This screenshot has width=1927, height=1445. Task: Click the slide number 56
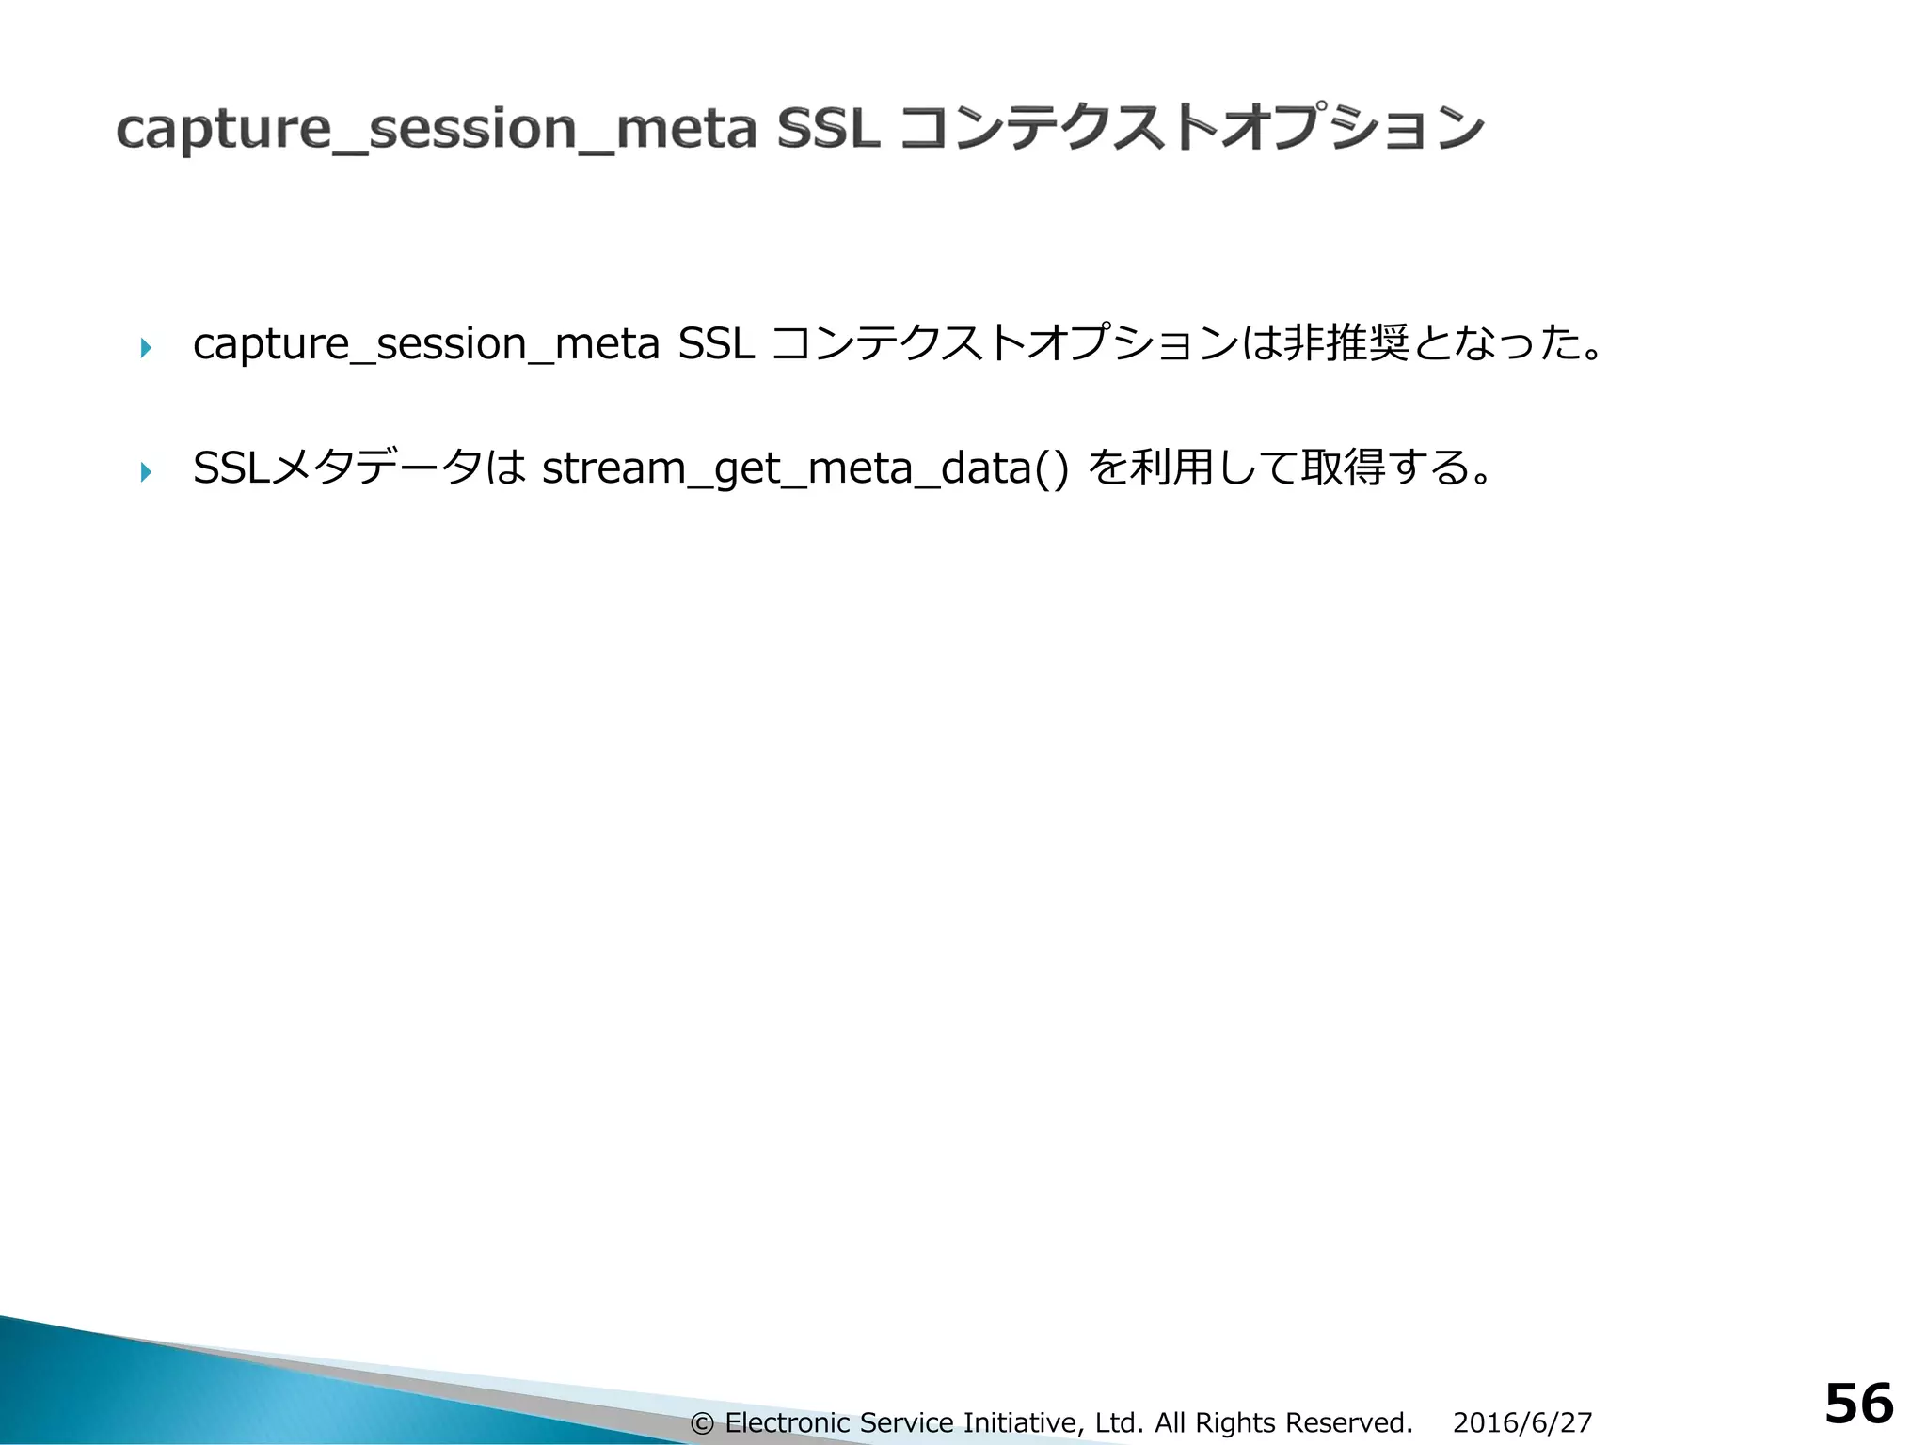[1858, 1405]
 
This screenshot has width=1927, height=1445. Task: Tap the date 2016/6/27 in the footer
[1522, 1423]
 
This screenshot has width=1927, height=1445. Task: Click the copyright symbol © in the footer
[702, 1423]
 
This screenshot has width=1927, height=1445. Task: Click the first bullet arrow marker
[145, 349]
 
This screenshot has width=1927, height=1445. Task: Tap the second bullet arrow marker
[145, 471]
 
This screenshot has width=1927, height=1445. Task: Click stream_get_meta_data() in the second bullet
[805, 468]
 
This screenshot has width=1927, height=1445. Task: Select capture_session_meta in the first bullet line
[426, 345]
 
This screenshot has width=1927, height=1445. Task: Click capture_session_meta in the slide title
[437, 130]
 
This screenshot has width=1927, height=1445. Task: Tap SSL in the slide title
[828, 128]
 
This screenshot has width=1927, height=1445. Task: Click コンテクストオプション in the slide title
[1191, 128]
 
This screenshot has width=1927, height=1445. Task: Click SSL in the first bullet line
[716, 344]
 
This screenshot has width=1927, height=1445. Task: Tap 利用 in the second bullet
[1171, 468]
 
